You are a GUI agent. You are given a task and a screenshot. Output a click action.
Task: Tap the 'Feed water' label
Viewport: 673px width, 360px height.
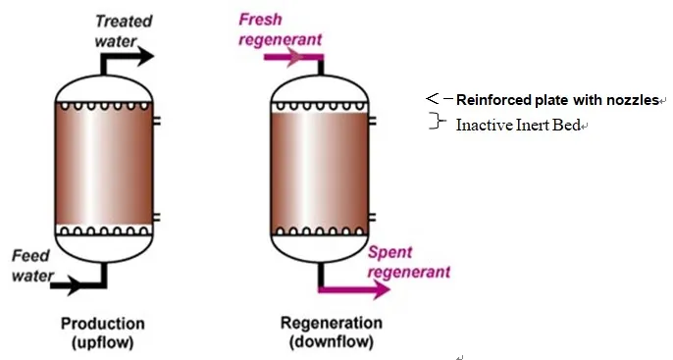point(31,265)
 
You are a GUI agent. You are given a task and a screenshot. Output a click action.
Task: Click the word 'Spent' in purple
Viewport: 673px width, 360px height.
point(389,252)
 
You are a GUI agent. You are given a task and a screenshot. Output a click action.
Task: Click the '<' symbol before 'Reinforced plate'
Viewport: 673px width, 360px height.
point(432,99)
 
